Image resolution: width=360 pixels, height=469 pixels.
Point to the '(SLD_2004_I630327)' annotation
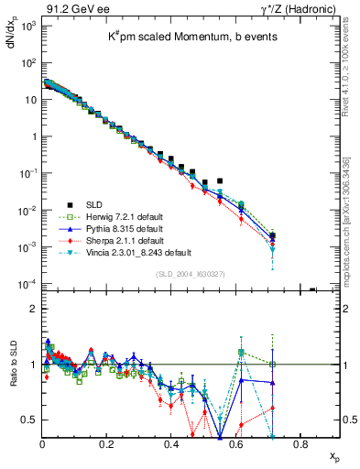(190, 273)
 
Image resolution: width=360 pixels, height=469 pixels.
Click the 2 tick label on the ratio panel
(33, 309)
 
